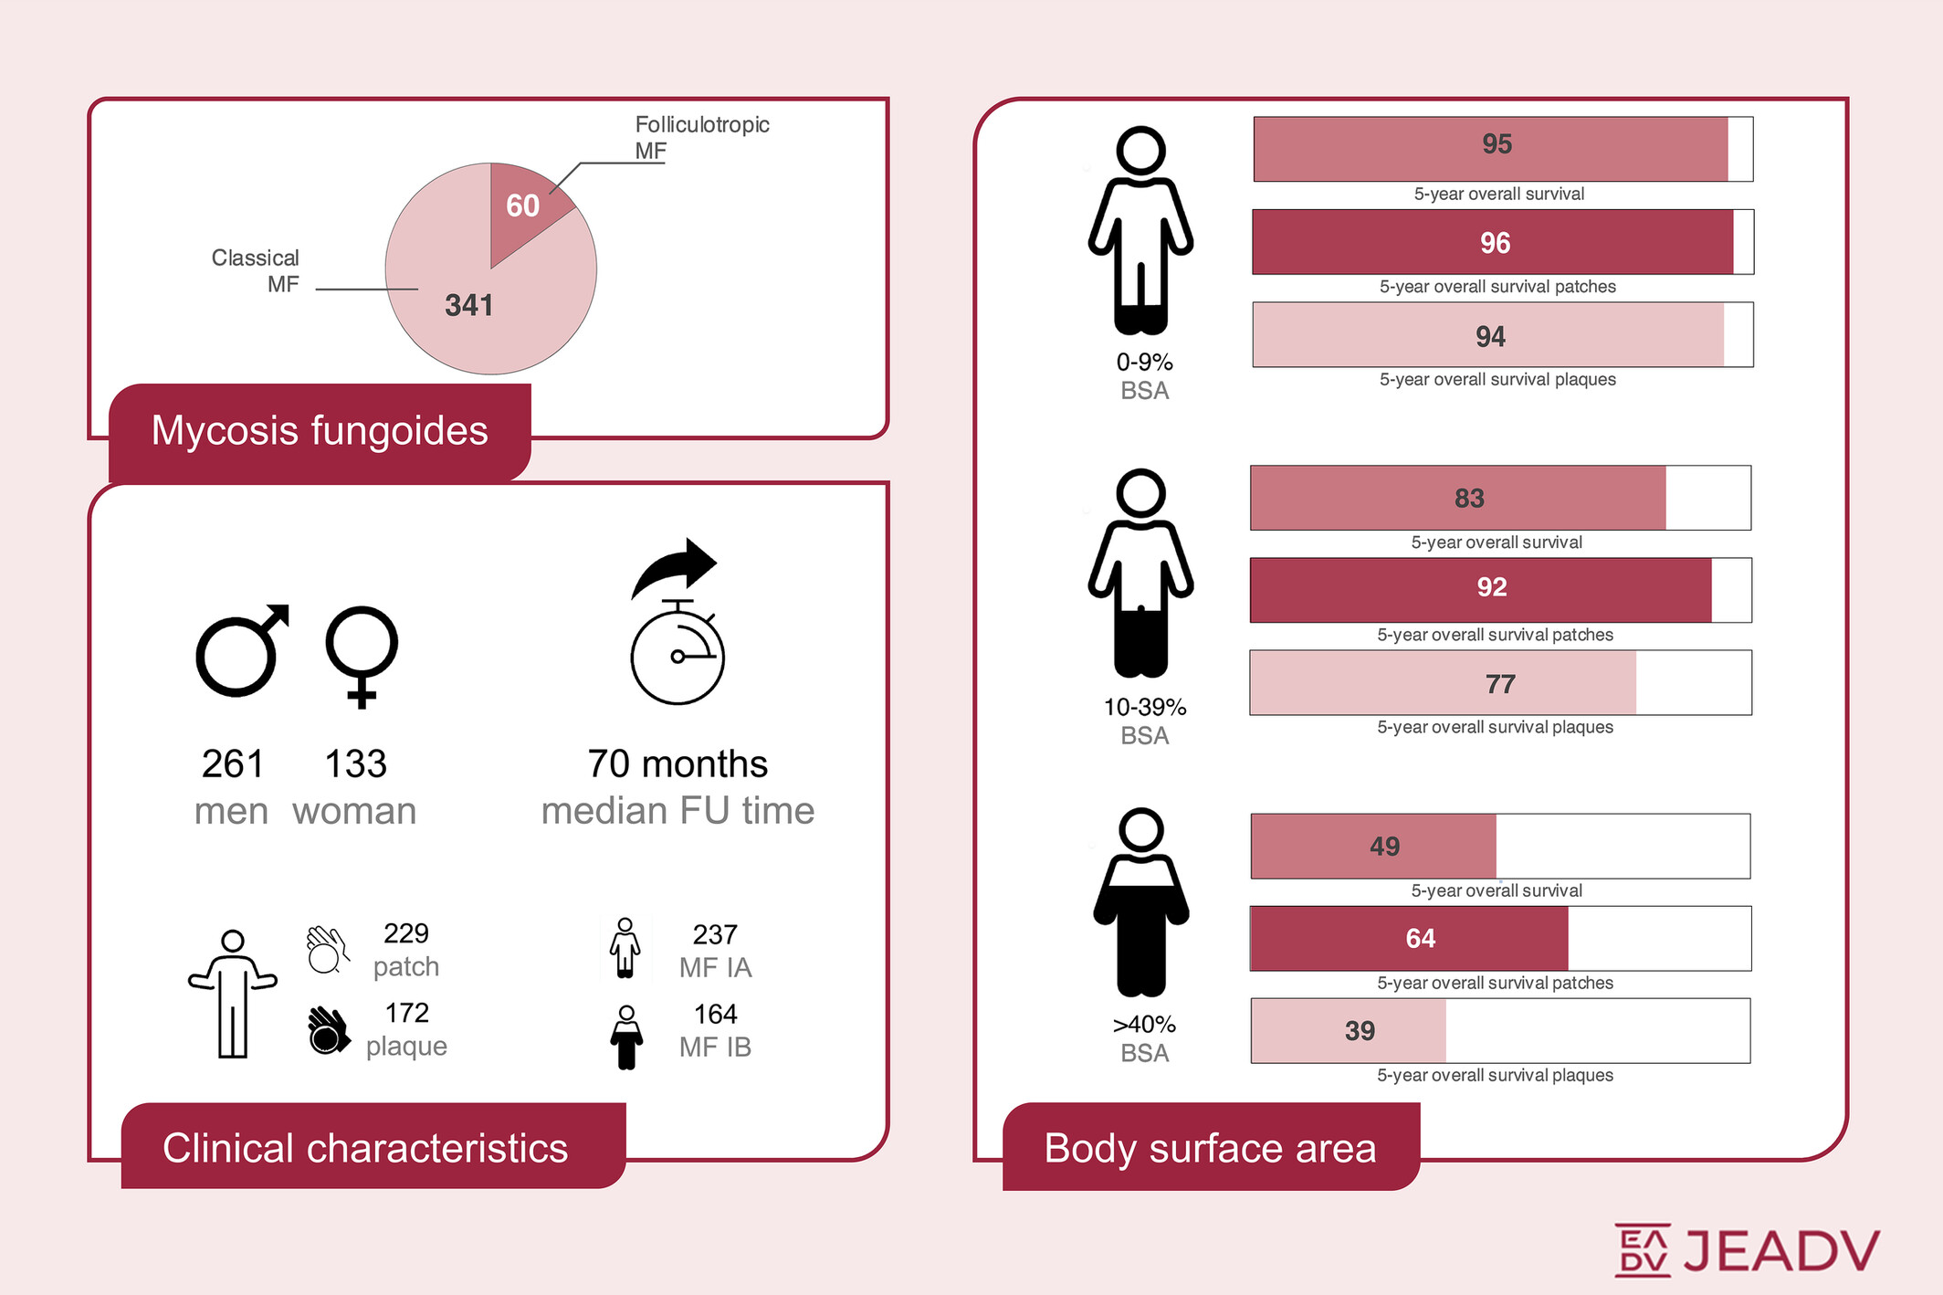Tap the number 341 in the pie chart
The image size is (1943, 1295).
[468, 305]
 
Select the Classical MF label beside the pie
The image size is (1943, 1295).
[256, 270]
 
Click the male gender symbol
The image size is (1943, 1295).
[241, 650]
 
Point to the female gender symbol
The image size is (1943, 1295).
[362, 654]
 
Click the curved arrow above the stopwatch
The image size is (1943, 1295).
[675, 565]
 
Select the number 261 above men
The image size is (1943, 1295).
[232, 763]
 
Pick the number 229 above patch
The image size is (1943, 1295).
[406, 933]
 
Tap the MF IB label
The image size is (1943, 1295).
[715, 1047]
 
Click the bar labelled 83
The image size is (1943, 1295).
[1457, 498]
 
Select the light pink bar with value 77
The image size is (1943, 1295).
[1443, 683]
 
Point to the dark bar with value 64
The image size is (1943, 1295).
[1409, 939]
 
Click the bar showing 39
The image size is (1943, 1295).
[1349, 1031]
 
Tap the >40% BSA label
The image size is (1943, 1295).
[1144, 1038]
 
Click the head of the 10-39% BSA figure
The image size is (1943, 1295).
[1141, 493]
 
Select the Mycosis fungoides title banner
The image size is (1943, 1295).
[320, 431]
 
